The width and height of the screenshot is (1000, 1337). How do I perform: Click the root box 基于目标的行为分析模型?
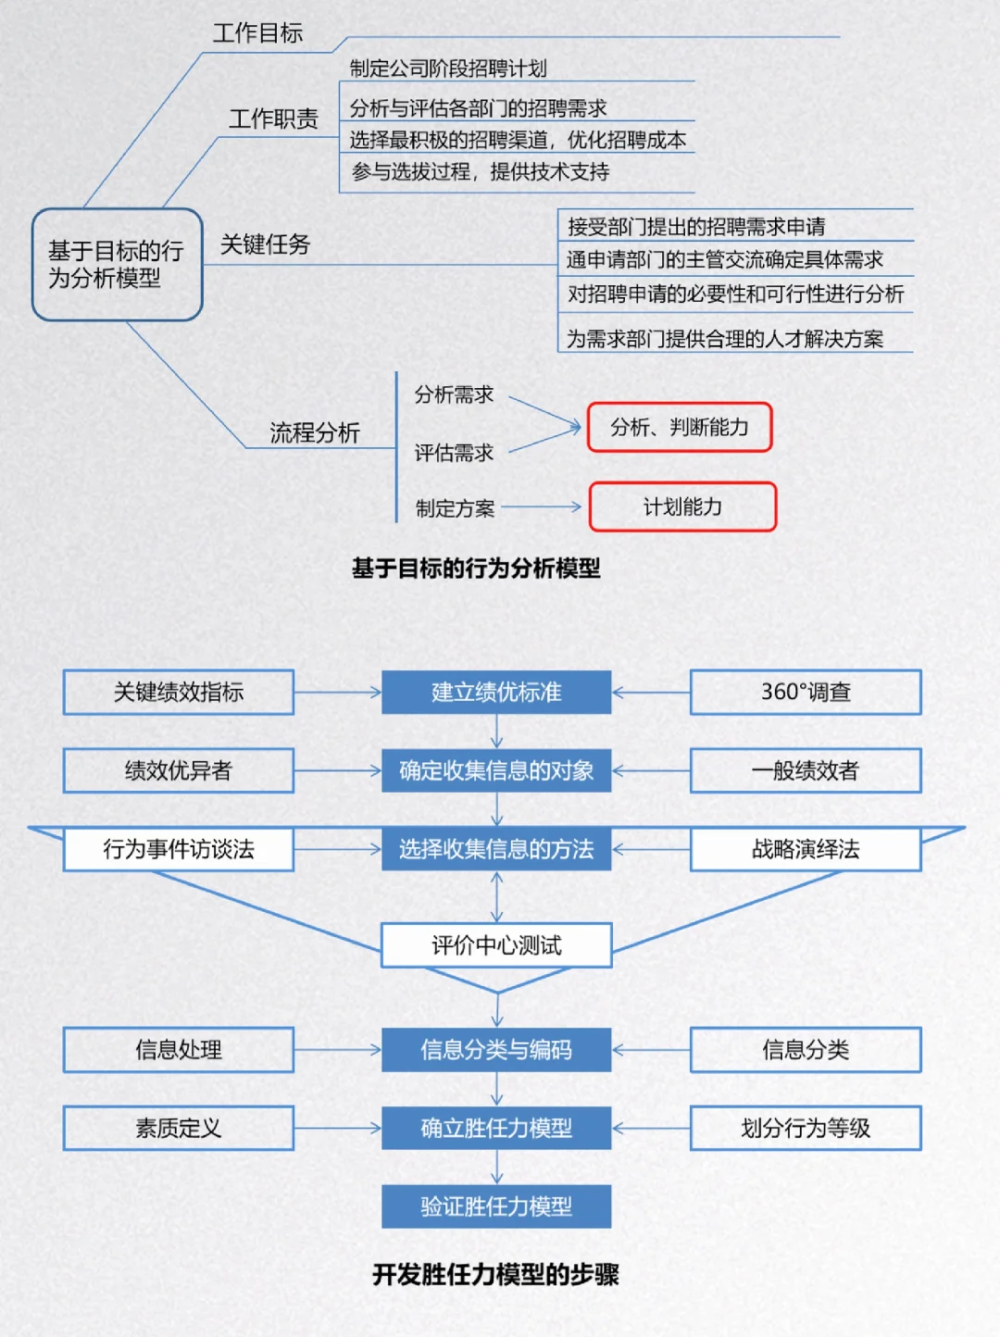[x=117, y=265]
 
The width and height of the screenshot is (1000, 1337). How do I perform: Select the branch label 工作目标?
[x=257, y=33]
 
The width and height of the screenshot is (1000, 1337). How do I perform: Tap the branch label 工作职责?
[x=273, y=119]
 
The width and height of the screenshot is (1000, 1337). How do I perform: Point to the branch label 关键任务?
[x=265, y=244]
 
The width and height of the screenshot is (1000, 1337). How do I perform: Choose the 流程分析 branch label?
[x=314, y=432]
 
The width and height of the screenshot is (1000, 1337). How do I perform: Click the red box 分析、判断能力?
[x=680, y=427]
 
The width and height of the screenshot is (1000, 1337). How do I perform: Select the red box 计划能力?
[x=682, y=506]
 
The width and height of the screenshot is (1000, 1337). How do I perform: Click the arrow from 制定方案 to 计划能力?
[x=541, y=506]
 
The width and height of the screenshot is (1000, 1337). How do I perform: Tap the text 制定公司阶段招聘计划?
[x=448, y=69]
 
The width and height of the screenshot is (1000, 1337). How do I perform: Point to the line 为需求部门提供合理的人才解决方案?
[x=725, y=339]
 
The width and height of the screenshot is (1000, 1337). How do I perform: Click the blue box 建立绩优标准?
[x=496, y=692]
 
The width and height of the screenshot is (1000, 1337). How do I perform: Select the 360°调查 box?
[x=806, y=692]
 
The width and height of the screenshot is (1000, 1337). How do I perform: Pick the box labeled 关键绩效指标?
[x=179, y=692]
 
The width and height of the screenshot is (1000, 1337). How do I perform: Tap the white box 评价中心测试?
[x=496, y=945]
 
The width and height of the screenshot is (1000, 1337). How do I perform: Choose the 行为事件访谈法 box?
[x=179, y=849]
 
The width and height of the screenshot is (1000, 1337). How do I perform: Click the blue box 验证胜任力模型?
[x=496, y=1206]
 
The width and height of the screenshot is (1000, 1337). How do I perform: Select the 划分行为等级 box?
[x=806, y=1128]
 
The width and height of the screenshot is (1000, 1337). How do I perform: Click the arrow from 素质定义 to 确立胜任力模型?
[x=337, y=1128]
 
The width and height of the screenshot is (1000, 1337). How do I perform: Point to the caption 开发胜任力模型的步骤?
[x=495, y=1275]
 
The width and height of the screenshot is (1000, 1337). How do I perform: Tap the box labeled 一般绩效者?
[x=806, y=770]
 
